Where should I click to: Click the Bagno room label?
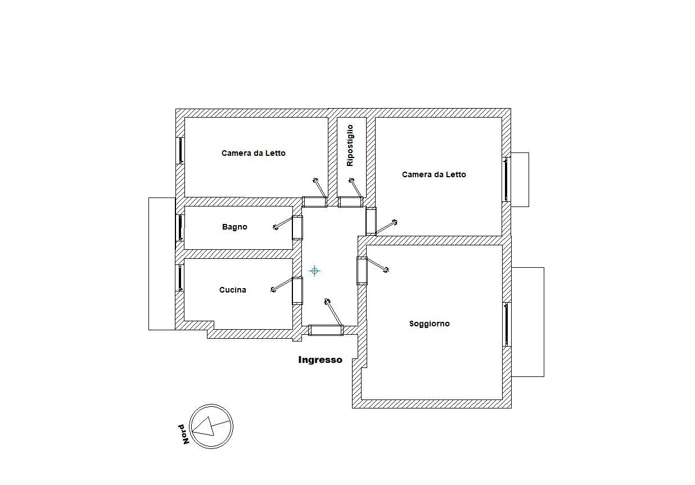pos(234,227)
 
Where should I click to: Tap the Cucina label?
pos(232,290)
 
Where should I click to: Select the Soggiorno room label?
pos(429,324)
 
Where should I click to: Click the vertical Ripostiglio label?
pos(350,145)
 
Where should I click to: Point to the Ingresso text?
pos(320,360)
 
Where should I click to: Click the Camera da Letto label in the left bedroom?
pos(253,153)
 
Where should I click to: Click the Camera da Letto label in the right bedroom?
pos(434,174)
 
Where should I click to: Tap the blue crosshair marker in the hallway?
pos(315,271)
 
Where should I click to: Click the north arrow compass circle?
pos(211,426)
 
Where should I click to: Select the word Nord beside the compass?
pos(183,434)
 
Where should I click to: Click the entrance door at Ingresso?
pos(326,330)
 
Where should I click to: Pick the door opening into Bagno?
pos(297,227)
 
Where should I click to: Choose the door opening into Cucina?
pos(297,291)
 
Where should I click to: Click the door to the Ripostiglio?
pos(351,201)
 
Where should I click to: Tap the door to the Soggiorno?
pos(362,271)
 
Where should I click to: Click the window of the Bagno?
pos(180,228)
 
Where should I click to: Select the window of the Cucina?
pos(180,277)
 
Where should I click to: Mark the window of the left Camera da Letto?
pos(180,151)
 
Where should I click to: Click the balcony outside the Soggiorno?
pos(528,322)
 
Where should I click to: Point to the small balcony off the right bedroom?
pos(520,179)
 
